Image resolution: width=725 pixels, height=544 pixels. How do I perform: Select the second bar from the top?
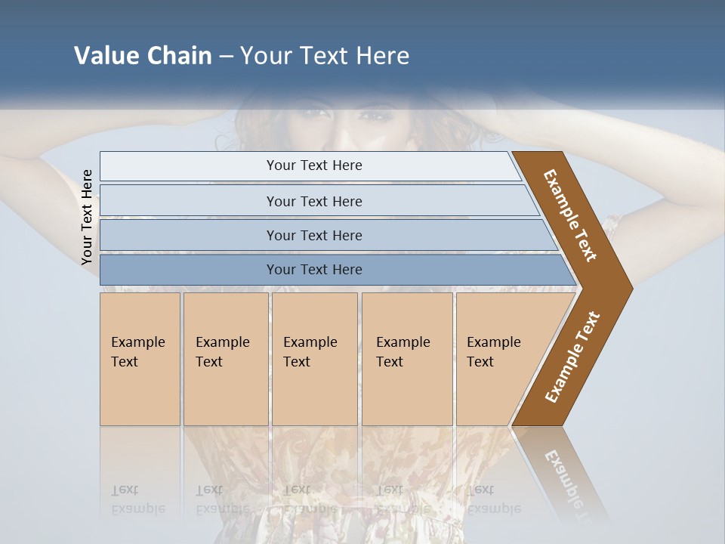(313, 201)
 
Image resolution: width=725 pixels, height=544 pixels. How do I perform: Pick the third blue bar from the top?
(313, 235)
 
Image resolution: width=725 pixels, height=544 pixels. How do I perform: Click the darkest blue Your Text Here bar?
(313, 270)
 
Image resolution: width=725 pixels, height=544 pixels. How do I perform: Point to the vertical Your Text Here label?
(87, 217)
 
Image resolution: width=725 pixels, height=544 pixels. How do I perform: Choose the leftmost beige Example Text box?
(140, 359)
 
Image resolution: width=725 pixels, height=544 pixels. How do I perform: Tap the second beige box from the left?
(225, 359)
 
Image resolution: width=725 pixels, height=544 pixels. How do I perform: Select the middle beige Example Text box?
(314, 359)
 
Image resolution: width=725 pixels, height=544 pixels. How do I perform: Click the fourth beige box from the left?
(407, 359)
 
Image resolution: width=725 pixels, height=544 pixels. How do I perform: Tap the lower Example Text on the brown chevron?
(572, 357)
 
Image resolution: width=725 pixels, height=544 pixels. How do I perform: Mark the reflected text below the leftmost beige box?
(137, 499)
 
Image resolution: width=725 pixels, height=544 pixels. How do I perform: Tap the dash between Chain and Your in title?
(226, 57)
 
